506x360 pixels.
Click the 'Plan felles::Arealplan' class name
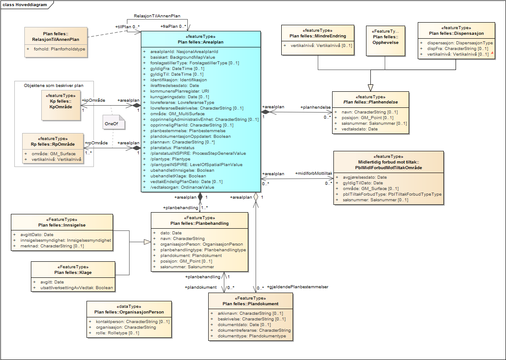[x=200, y=42]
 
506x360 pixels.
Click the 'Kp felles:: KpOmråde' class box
[x=60, y=105]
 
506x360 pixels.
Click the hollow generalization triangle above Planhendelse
[x=370, y=87]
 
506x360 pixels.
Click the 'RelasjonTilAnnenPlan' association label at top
[x=157, y=16]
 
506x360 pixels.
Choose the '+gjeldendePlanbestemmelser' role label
[x=298, y=287]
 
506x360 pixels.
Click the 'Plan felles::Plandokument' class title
[x=250, y=303]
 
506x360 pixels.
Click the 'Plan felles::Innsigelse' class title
[x=62, y=225]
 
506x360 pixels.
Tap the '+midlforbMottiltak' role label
[x=313, y=173]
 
